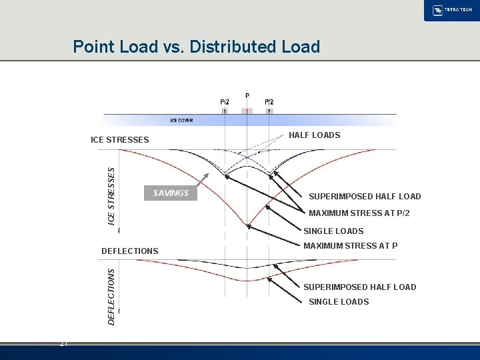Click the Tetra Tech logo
pos(451,11)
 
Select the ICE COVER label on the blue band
pos(182,121)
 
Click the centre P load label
pos(247,96)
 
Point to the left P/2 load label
pos(225,101)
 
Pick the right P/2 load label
pos(269,101)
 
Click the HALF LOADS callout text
pos(314,135)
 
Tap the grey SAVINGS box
pos(171,193)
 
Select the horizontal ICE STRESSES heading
pos(120,140)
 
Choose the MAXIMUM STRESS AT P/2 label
pos(359,213)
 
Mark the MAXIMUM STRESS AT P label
pos(351,246)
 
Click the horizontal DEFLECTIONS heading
pos(129,251)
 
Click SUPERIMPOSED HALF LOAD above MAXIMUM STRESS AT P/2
pos(365,197)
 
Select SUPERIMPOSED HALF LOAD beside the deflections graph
pos(360,287)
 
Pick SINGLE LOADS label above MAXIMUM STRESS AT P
pos(333,231)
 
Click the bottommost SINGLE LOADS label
pos(339,302)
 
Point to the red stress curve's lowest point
pos(247,225)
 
